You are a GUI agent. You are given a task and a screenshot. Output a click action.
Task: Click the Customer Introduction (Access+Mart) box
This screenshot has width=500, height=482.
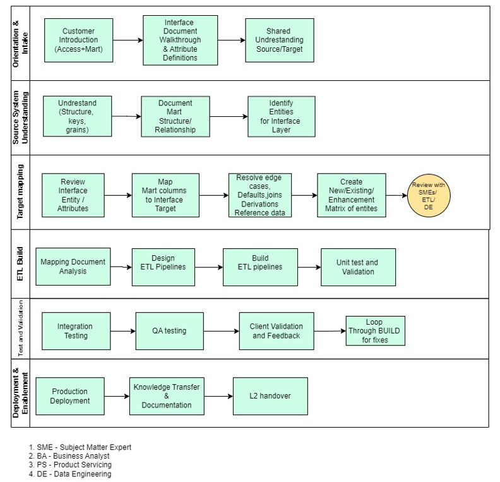[79, 40]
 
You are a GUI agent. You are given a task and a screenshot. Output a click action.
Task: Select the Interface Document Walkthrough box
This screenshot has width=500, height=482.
[180, 40]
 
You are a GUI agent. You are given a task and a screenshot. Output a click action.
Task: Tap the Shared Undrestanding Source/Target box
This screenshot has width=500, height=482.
[280, 40]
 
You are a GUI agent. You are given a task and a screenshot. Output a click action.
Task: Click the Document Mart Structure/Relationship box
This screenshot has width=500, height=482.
[175, 117]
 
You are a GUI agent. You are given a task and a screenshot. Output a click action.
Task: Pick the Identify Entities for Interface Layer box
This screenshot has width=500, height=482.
[281, 117]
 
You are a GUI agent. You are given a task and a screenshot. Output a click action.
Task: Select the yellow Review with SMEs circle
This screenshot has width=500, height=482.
[428, 196]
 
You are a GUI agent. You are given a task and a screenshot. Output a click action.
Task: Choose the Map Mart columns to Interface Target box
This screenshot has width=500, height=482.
[165, 195]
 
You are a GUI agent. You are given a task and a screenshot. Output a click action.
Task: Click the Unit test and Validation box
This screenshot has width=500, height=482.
[358, 267]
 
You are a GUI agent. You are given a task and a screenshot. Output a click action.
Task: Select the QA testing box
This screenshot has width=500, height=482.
[169, 331]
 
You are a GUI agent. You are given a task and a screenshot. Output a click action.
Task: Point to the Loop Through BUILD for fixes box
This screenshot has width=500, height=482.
[375, 331]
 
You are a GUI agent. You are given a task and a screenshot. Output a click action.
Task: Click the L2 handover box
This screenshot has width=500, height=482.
[270, 396]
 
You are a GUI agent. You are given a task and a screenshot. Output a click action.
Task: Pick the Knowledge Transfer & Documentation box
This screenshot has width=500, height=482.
[167, 396]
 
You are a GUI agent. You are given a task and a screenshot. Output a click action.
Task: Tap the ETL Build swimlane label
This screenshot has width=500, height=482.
[20, 264]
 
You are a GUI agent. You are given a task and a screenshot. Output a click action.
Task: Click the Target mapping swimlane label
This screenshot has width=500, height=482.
[20, 192]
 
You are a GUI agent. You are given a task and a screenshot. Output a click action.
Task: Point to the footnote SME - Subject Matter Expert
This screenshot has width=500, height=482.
[80, 447]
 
